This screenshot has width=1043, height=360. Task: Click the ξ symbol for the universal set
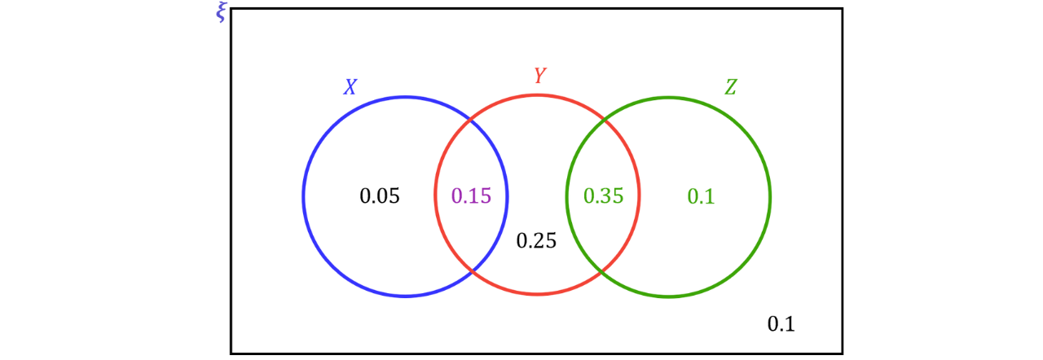(x=221, y=13)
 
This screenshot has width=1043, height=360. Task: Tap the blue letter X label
(x=350, y=87)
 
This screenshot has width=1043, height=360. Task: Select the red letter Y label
(x=540, y=76)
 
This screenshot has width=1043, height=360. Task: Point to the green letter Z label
(x=730, y=88)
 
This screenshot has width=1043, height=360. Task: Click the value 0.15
(x=472, y=196)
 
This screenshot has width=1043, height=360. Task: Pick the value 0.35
(x=604, y=196)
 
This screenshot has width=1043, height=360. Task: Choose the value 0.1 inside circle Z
(x=701, y=196)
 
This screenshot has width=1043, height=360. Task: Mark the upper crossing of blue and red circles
(x=472, y=122)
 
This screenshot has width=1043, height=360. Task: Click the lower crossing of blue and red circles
(x=473, y=270)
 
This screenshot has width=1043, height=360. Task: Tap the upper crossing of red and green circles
(x=604, y=121)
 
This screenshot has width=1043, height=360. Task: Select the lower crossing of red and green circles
(x=603, y=270)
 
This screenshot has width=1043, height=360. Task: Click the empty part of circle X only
(x=367, y=196)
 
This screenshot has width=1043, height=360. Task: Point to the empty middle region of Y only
(x=538, y=196)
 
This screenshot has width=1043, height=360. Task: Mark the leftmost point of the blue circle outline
(x=302, y=196)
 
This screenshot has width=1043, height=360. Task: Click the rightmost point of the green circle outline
(x=771, y=196)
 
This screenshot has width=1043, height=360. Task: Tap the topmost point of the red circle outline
(x=538, y=94)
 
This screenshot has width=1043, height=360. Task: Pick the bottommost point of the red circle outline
(x=538, y=294)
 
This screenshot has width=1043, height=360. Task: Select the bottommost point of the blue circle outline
(x=405, y=295)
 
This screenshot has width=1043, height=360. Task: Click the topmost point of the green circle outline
(x=668, y=97)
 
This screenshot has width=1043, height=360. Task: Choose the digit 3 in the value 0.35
(x=605, y=196)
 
